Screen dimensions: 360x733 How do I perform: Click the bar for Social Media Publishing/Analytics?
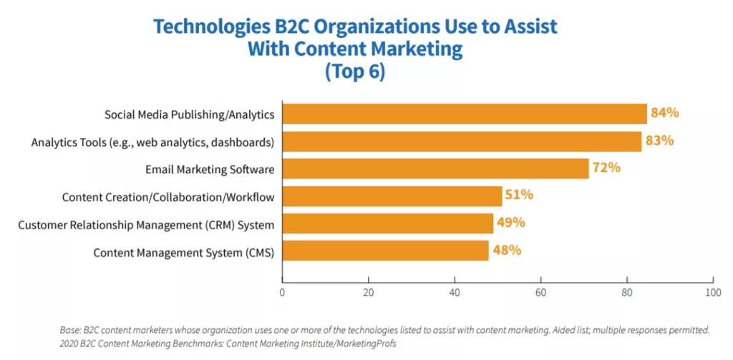point(465,114)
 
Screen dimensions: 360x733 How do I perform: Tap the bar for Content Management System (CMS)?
point(386,251)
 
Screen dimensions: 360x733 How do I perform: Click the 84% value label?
point(664,113)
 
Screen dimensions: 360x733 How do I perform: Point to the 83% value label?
point(659,141)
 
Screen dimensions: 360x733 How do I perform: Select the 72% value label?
point(606,168)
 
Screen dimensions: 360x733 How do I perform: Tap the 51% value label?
point(519,195)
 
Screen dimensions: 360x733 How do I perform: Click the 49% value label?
point(510,223)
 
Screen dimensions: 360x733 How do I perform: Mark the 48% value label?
point(506,250)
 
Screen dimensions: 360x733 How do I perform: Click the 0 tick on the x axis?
point(283,292)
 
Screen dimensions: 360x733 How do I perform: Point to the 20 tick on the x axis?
point(369,292)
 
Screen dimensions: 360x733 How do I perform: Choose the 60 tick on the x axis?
point(540,292)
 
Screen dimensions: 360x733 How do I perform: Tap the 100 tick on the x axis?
point(712,292)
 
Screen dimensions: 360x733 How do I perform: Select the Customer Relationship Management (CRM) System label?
point(146,225)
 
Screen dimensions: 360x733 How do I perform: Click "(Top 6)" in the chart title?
point(355,72)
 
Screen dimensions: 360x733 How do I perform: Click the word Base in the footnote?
point(71,331)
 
